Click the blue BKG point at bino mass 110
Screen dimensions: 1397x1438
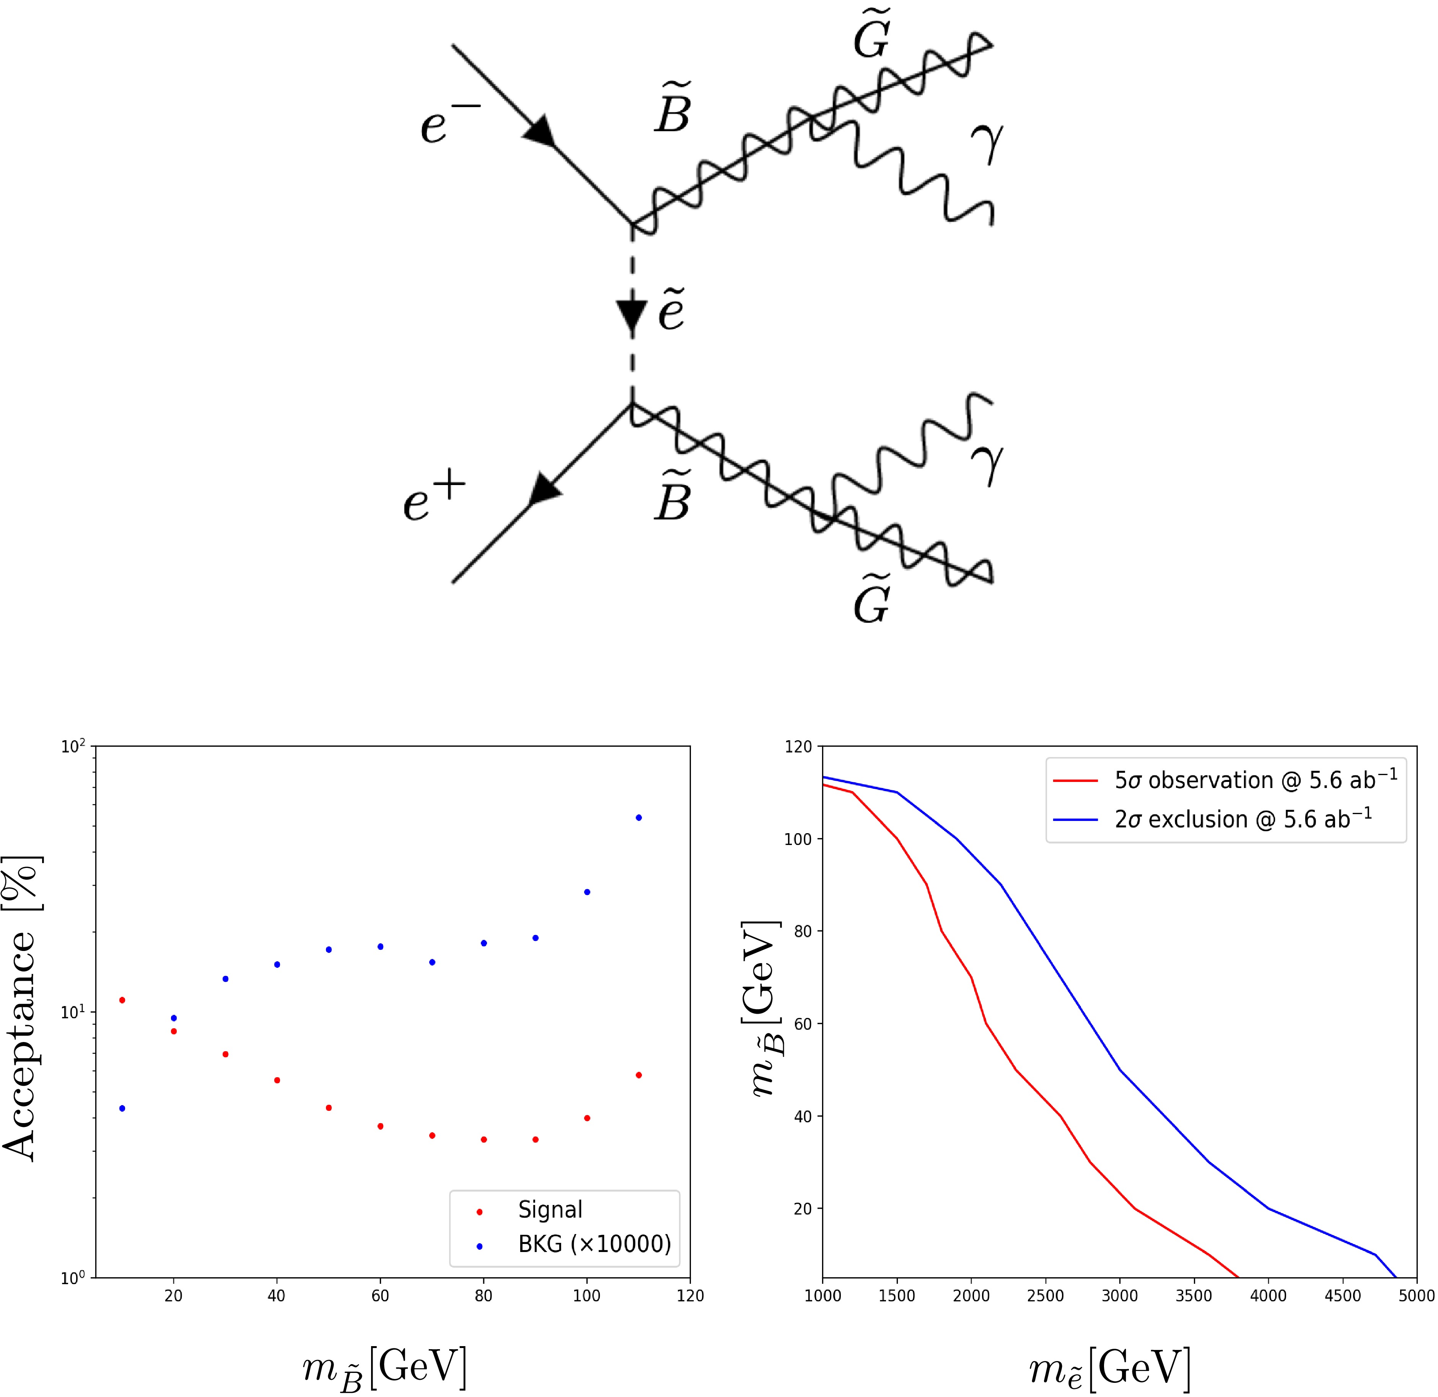click(638, 817)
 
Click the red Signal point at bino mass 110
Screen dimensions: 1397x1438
click(638, 1075)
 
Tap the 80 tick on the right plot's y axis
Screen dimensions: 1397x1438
click(803, 931)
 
